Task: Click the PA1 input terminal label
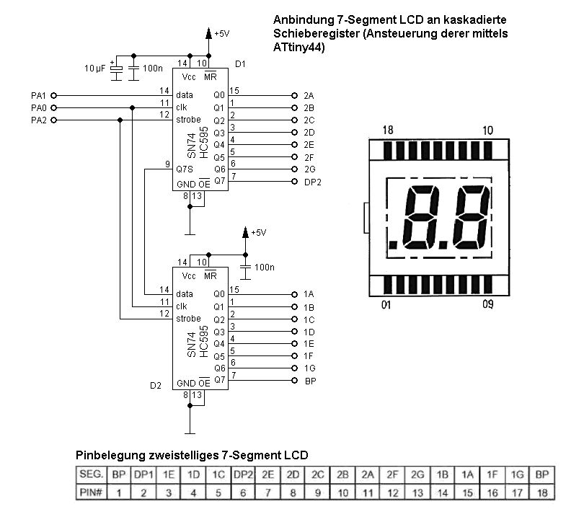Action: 39,95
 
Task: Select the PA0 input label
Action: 39,107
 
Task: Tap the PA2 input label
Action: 39,120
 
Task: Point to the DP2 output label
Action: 313,182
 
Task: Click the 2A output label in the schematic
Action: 309,95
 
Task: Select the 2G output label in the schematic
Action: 309,169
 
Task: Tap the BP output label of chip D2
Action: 310,380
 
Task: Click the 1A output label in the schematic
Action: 309,294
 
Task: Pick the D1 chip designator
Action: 241,63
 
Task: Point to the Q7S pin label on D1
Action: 185,169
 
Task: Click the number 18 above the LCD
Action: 388,131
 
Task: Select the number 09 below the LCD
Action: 488,304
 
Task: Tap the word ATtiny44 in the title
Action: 298,48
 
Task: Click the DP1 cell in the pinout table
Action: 144,476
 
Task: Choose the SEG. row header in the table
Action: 90,476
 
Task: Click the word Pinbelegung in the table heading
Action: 108,456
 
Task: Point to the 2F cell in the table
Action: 393,476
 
